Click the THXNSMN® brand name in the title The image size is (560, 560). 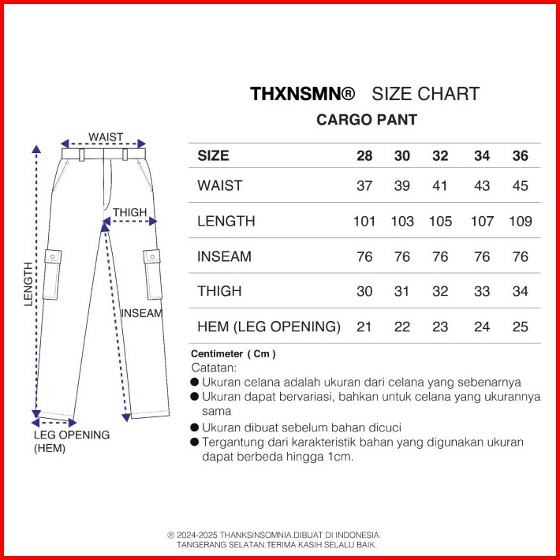pos(303,95)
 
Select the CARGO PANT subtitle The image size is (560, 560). pos(366,121)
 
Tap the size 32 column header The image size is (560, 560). pos(440,155)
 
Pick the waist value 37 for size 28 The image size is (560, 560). pos(364,186)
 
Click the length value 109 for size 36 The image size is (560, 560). pos(520,221)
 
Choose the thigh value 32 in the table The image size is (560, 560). pos(440,291)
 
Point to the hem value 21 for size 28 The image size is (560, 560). pos(364,327)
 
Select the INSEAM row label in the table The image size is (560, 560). pos(225,256)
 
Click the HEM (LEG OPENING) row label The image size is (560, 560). pos(268,327)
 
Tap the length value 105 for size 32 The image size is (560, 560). pos(440,221)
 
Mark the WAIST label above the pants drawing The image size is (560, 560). pos(105,137)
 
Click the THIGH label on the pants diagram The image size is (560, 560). pos(129,212)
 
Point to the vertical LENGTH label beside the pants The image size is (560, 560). pos(28,284)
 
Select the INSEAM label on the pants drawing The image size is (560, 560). pos(141,312)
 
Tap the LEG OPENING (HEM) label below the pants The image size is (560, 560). pos(71,441)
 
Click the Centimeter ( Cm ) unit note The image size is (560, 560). pos(233,354)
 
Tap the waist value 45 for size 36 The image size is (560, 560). pos(520,186)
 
